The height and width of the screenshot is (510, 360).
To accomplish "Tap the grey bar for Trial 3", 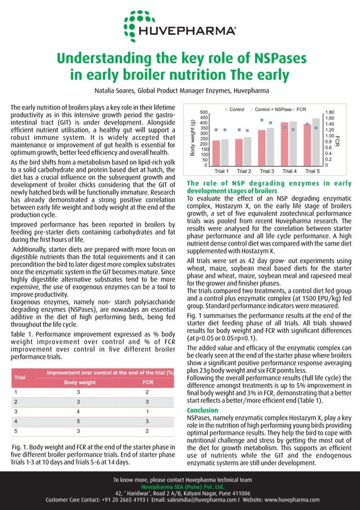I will [270, 146].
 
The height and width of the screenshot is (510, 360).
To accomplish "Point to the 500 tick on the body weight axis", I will [204, 113].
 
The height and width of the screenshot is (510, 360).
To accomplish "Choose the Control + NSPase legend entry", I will [272, 109].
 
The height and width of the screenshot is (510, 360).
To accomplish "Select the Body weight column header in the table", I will [80, 382].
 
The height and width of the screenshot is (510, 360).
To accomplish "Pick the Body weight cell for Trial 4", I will [80, 421].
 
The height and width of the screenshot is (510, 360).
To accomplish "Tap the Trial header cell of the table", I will [20, 378].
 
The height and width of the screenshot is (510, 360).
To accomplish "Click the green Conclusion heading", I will [202, 410].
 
